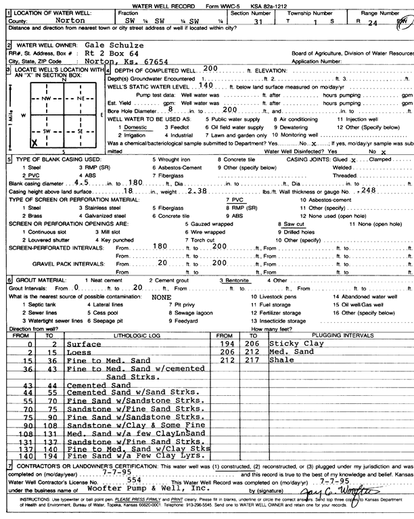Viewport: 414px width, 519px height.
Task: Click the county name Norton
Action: pos(64,20)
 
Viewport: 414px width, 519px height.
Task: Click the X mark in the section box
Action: pos(34,143)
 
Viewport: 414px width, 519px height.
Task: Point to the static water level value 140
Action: pos(206,88)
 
